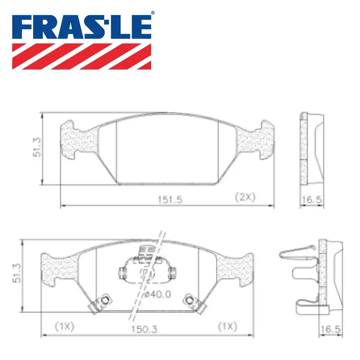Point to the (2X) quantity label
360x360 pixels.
coord(245,197)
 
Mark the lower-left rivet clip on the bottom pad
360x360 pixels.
coord(101,303)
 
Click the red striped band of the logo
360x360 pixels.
coord(82,56)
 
